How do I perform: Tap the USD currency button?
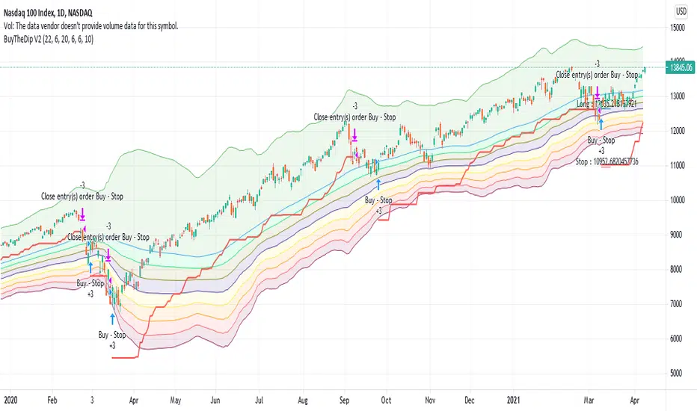681,11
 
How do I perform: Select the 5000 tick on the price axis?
677,373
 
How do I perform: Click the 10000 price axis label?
678,200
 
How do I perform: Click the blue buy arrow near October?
378,184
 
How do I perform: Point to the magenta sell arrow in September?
354,135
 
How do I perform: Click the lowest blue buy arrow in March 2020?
111,317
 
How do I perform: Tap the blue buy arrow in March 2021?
601,123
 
